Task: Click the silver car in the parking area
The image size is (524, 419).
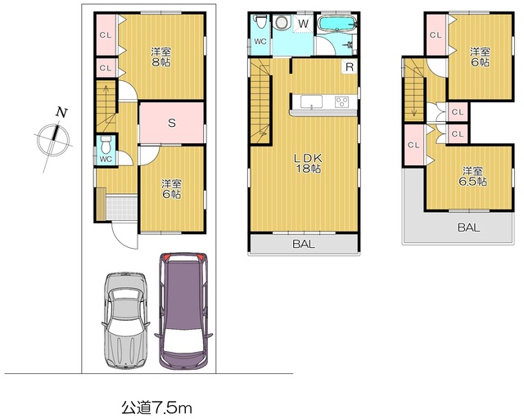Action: click(125, 321)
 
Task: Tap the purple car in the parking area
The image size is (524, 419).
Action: click(183, 311)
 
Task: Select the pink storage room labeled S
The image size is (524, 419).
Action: click(171, 123)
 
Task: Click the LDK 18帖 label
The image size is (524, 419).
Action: click(308, 163)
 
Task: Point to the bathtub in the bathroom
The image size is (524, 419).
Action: click(337, 24)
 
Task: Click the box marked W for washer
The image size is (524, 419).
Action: click(303, 24)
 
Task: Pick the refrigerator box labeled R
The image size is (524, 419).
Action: click(350, 67)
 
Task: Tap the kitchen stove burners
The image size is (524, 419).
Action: click(341, 101)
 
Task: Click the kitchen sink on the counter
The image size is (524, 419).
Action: click(311, 101)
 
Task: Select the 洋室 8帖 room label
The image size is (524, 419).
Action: click(161, 57)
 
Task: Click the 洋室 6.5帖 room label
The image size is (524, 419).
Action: click(472, 176)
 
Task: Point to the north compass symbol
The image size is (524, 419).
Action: click(53, 138)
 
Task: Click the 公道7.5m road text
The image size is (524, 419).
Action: click(156, 408)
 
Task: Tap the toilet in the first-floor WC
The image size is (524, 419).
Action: click(106, 144)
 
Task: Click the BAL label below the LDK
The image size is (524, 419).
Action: click(304, 244)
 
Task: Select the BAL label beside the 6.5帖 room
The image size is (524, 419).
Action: click(468, 228)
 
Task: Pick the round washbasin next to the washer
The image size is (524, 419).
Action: click(282, 23)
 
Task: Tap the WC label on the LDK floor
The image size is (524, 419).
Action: click(260, 42)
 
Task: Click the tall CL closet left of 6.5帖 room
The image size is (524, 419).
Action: click(413, 145)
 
